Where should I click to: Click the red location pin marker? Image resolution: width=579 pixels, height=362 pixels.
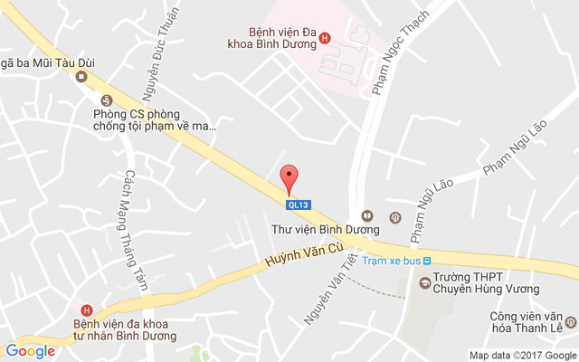(x=289, y=179)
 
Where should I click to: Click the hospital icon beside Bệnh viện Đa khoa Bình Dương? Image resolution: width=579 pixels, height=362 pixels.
(x=326, y=38)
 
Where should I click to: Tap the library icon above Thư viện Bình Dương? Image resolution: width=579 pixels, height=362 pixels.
(x=366, y=216)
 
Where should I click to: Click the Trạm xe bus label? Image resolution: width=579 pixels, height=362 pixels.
(x=391, y=261)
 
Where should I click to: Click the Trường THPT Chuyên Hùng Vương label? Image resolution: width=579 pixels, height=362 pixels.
(x=485, y=282)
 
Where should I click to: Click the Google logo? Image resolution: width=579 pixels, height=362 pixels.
(x=30, y=351)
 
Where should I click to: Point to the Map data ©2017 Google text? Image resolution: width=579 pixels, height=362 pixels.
(x=521, y=355)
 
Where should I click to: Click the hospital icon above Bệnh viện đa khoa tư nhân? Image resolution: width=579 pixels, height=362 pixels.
(x=87, y=310)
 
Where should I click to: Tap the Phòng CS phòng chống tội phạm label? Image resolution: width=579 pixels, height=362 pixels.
(x=156, y=119)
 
